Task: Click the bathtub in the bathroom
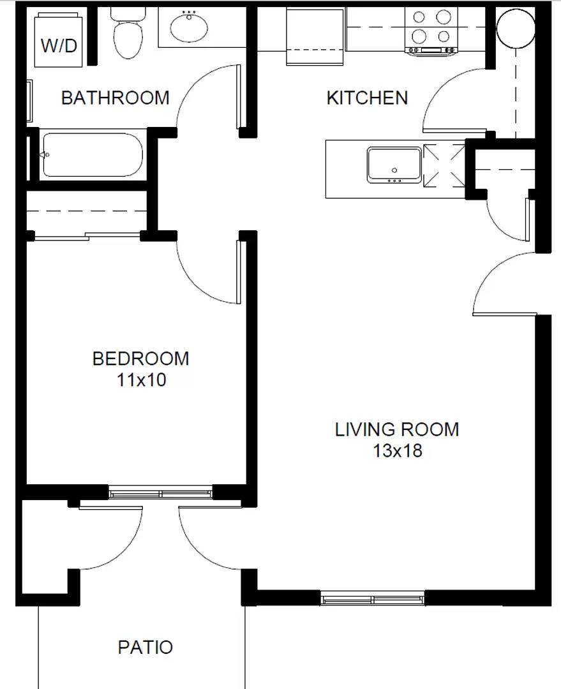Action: (x=93, y=155)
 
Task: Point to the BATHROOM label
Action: (x=116, y=98)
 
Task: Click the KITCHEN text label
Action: (x=367, y=98)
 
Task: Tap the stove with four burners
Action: (x=432, y=29)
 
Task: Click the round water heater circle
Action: (x=515, y=29)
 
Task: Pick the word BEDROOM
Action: (x=140, y=359)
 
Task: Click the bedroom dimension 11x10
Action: (x=141, y=380)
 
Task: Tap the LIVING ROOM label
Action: (x=397, y=429)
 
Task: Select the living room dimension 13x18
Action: (x=398, y=450)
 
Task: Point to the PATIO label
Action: (x=146, y=648)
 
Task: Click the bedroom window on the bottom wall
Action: (x=160, y=493)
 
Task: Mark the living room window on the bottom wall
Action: (x=373, y=599)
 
